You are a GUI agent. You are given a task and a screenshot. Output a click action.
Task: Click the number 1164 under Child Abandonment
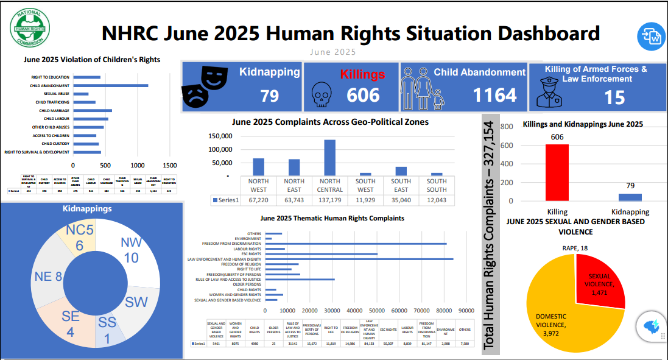point(494,94)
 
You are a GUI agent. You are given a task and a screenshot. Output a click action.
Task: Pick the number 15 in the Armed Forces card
point(614,97)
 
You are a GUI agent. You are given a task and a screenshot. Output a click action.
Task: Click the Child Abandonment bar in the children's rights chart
point(110,85)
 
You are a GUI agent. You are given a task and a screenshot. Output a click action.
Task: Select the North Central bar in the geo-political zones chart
point(329,157)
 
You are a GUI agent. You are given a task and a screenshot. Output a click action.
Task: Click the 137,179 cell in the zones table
point(329,200)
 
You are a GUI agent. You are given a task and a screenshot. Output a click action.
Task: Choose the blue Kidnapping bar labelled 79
point(630,197)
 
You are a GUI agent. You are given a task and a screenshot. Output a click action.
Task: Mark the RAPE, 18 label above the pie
point(574,249)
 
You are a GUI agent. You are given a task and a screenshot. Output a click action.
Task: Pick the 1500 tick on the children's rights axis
point(170,165)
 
